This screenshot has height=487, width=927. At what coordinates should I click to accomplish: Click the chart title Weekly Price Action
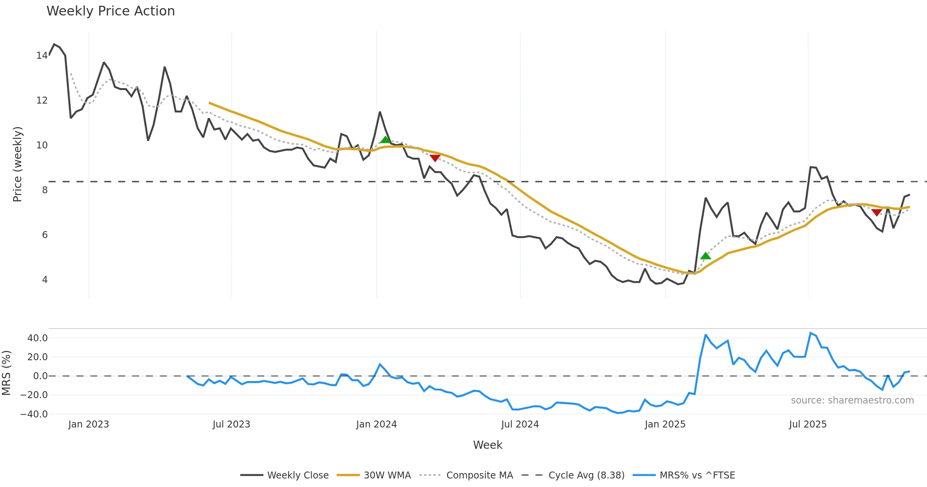pos(110,11)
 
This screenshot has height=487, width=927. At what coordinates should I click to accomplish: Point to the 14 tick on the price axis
pos(42,56)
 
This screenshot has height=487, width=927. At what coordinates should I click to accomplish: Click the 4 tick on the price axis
pos(45,279)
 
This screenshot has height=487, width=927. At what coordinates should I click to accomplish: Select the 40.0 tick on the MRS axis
pos(37,338)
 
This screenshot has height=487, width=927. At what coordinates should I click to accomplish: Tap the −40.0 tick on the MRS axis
pos(34,414)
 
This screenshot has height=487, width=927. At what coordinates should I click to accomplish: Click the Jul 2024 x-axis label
pos(520,424)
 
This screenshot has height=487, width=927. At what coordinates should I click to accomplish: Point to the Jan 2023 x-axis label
pos(88,424)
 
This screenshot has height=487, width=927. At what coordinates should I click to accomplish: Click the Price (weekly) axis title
pos(18,164)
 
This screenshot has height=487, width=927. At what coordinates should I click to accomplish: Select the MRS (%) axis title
pos(7,373)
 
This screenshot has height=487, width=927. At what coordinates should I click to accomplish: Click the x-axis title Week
pos(487,445)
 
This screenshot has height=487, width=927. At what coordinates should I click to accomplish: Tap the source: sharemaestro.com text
pos(852,400)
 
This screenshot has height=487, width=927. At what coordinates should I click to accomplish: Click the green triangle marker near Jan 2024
pos(385,140)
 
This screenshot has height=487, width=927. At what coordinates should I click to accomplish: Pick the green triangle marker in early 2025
pos(705,256)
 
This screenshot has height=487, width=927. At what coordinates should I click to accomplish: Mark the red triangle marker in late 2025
pos(876,212)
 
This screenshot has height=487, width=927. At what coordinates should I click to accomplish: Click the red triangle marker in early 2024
pos(435,158)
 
